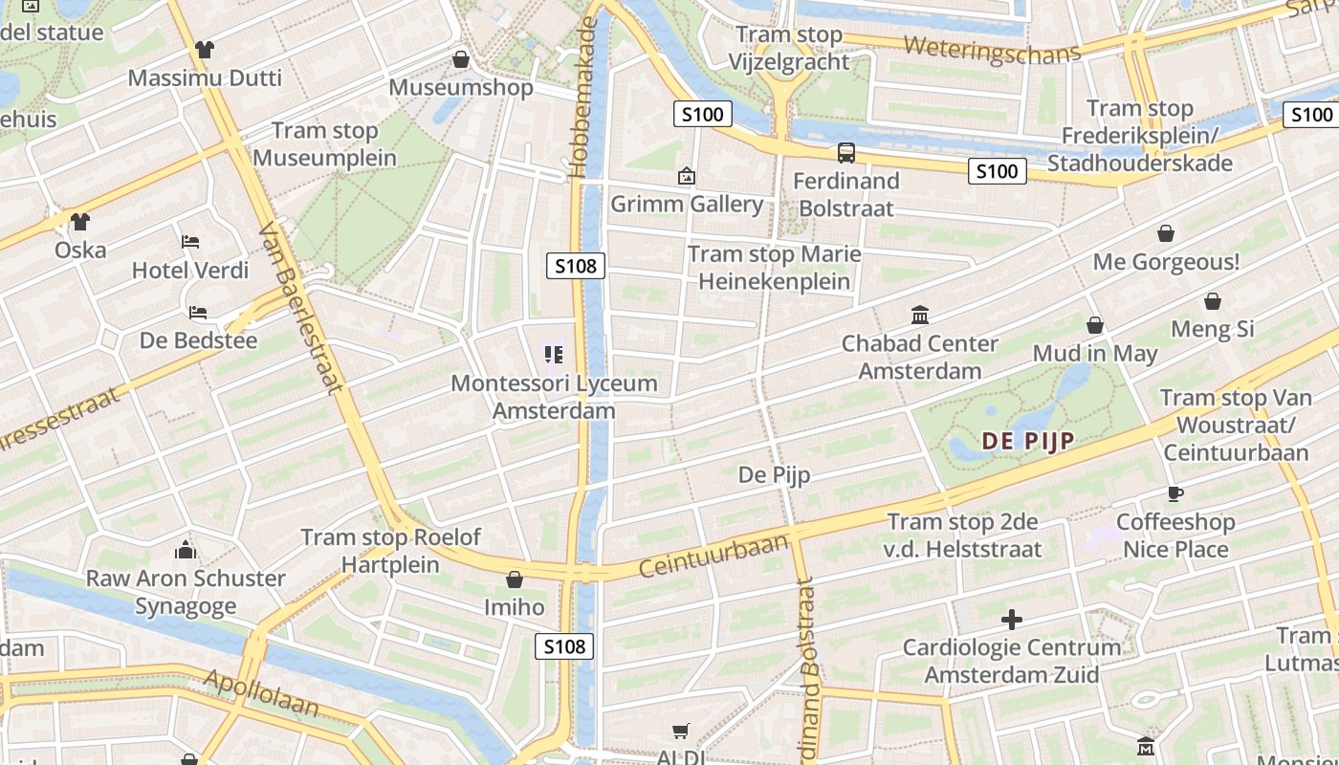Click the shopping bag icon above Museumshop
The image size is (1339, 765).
[x=461, y=59]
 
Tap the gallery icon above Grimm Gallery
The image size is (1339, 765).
[x=686, y=176]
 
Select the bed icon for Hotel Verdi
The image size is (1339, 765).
[x=190, y=241]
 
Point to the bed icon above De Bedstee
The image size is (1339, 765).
[x=198, y=312]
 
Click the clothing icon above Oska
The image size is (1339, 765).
[x=79, y=222]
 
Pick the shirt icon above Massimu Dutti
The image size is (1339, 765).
[x=204, y=50]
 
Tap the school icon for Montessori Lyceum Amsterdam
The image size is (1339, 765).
[x=553, y=355]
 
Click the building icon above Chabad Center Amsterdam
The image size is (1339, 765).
[x=920, y=315]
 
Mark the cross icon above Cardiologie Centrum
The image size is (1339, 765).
[x=1011, y=620]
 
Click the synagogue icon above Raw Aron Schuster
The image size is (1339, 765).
[x=186, y=550]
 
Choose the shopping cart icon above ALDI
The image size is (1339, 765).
[x=680, y=732]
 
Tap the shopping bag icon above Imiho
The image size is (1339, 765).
[x=515, y=579]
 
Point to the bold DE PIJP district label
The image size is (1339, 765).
[x=1028, y=441]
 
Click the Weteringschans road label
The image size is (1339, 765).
[x=991, y=51]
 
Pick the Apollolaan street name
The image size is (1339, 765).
[x=260, y=693]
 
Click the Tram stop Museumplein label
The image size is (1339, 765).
[x=325, y=144]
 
